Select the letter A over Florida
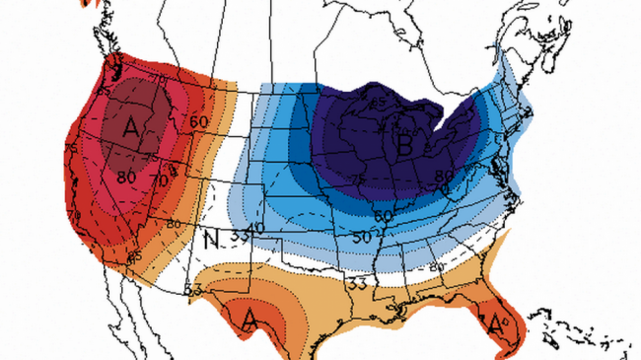(x=490, y=320)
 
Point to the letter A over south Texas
(x=250, y=319)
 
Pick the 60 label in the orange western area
(x=198, y=121)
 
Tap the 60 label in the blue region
(x=382, y=214)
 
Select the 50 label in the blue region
(x=363, y=238)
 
